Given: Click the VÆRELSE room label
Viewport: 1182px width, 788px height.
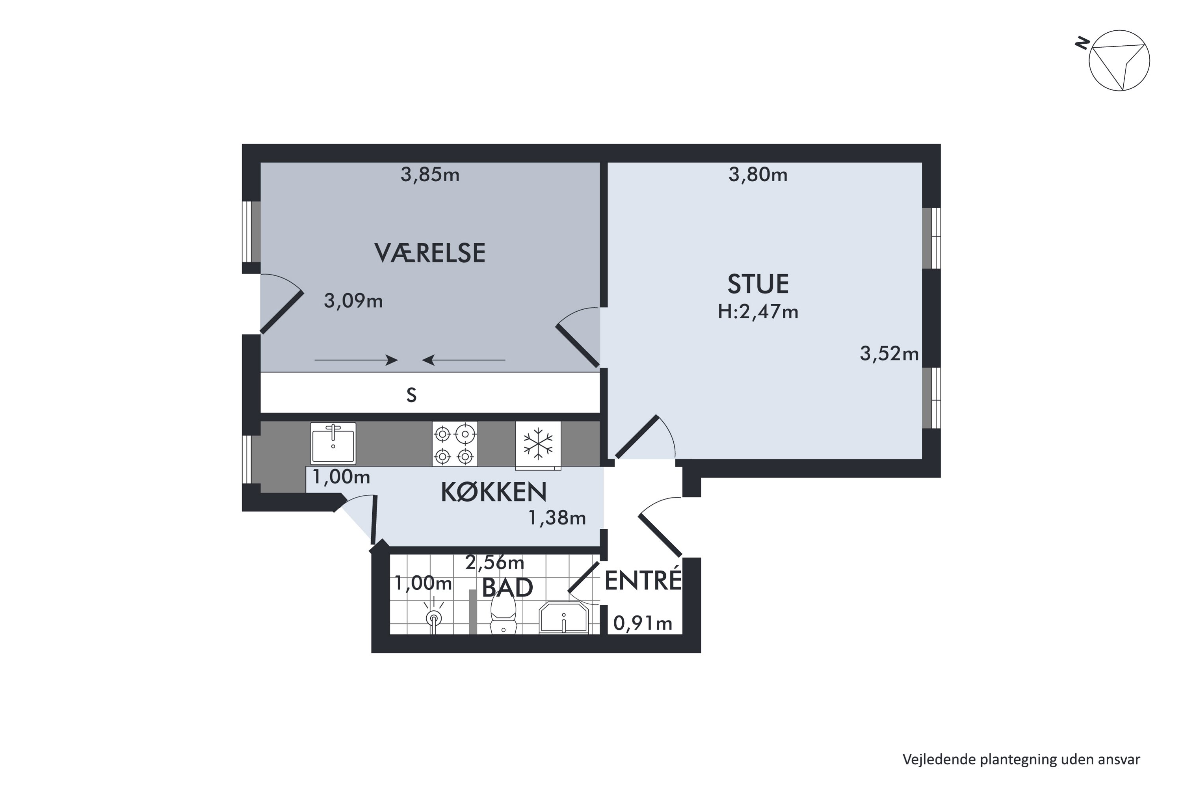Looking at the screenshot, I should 430,253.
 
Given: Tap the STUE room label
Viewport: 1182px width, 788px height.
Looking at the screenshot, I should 758,284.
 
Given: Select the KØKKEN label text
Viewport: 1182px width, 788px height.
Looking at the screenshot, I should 494,492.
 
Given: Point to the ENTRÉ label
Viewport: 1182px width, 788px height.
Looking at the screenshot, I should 642,581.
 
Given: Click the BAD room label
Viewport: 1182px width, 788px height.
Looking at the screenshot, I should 507,587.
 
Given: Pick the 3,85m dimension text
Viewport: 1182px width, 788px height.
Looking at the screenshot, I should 430,175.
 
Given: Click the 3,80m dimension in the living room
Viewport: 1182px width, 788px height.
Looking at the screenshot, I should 758,175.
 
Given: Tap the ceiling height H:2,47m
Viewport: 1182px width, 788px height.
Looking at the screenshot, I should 758,312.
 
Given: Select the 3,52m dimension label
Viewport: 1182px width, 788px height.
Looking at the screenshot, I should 889,354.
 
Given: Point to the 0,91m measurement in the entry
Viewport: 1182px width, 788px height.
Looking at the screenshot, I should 642,624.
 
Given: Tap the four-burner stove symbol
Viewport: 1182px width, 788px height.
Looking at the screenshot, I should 454,444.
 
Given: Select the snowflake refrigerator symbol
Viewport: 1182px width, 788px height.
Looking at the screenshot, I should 538,444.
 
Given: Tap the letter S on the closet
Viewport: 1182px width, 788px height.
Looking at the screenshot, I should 411,396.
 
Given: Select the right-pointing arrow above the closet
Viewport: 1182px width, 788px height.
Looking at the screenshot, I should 356,360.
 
